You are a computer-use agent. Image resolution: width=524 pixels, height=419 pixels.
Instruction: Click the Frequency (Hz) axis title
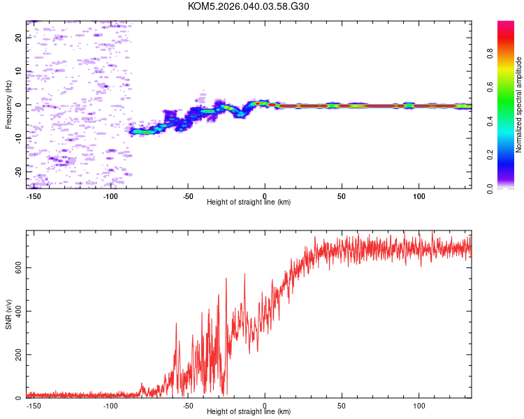[8, 105]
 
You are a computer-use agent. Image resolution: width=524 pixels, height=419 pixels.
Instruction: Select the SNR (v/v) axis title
[8, 314]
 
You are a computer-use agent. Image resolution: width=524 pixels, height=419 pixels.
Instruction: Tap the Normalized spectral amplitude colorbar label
[519, 105]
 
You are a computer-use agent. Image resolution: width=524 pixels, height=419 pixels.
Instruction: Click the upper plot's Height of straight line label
[249, 202]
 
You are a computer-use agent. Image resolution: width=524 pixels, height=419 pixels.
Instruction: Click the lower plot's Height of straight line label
[249, 411]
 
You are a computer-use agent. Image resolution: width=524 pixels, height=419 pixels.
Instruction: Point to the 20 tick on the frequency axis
[19, 38]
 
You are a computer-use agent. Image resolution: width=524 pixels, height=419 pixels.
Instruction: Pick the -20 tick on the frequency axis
[19, 171]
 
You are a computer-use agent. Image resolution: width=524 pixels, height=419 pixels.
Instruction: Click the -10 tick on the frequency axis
[19, 138]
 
